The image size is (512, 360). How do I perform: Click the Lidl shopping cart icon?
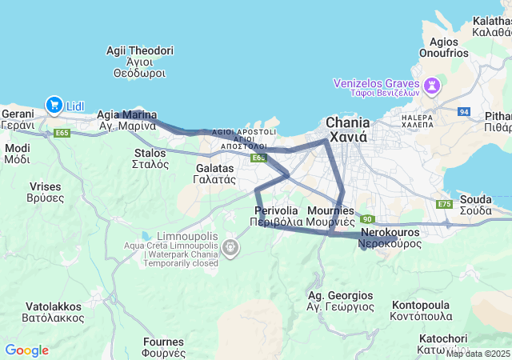tap(54, 104)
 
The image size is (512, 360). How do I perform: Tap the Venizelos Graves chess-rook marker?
tap(433, 84)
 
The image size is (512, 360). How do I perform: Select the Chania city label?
tap(346, 129)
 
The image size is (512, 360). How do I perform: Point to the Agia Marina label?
tap(126, 120)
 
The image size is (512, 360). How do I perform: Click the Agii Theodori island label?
tap(139, 61)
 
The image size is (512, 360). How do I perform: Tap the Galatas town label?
tap(215, 174)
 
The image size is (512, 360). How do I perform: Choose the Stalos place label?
tap(150, 158)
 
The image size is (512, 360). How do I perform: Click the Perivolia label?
tap(276, 215)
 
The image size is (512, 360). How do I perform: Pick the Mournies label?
tap(330, 215)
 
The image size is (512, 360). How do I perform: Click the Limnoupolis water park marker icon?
tap(232, 249)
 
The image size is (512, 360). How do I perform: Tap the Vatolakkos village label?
tap(54, 311)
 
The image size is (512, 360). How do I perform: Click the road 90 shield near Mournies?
tap(366, 219)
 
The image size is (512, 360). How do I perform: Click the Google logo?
tap(26, 350)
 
